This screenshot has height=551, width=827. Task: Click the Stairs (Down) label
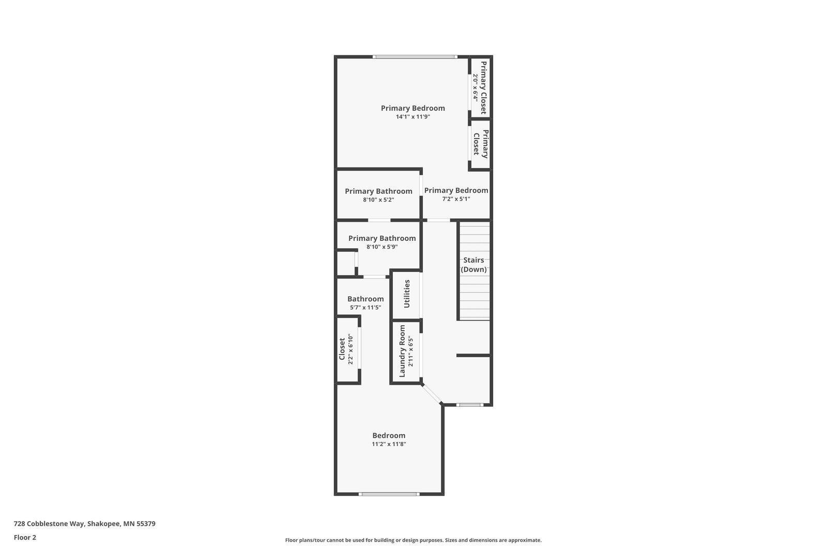tap(473, 265)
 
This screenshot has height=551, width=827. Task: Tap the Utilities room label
tap(406, 294)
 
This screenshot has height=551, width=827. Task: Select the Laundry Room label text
tap(402, 351)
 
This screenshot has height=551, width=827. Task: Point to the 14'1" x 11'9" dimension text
tap(413, 117)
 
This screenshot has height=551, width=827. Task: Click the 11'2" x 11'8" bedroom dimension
tap(389, 444)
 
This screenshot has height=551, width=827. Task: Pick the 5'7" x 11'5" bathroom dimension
tap(365, 307)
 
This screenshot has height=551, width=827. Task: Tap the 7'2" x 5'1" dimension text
tap(456, 198)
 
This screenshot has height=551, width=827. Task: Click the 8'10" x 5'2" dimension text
tap(378, 200)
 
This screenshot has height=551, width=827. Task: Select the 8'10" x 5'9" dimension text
tap(382, 247)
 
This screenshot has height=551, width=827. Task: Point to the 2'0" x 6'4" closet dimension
tap(476, 88)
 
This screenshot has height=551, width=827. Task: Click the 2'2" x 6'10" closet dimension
tap(350, 349)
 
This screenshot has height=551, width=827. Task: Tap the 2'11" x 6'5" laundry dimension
tap(410, 351)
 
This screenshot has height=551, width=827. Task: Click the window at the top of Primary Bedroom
tap(415, 57)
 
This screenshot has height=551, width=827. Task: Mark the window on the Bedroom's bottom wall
tap(389, 494)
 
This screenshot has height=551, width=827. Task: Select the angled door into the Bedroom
tap(432, 394)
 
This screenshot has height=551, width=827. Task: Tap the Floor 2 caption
tap(25, 538)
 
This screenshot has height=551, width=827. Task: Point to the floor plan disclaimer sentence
tap(413, 540)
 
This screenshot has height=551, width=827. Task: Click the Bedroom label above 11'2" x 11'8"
tap(389, 435)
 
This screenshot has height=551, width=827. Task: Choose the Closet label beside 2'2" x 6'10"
tap(342, 349)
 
